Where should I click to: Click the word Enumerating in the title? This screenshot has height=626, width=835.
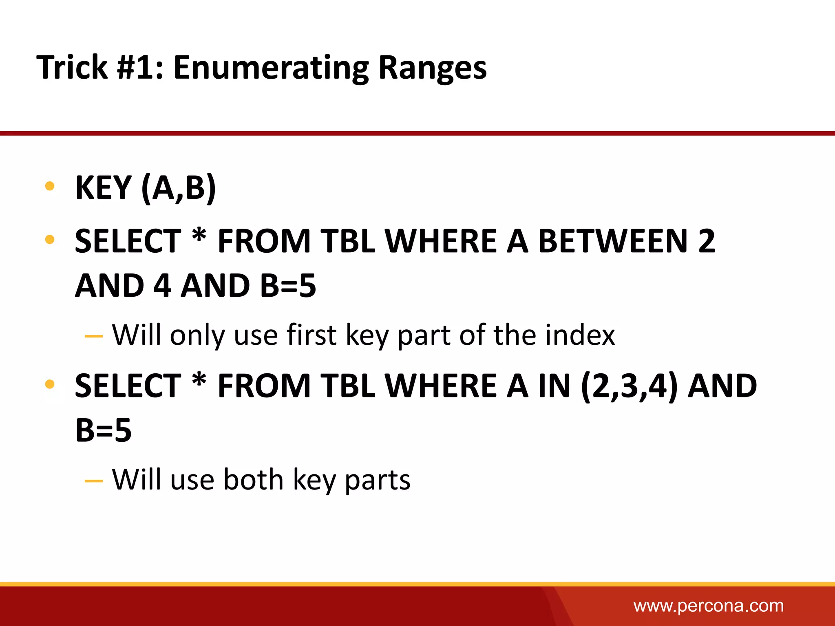click(x=271, y=67)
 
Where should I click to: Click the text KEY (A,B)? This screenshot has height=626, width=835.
click(x=146, y=188)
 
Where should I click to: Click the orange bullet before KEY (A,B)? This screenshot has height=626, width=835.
click(x=50, y=187)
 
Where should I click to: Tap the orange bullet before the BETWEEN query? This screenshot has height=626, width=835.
click(x=50, y=240)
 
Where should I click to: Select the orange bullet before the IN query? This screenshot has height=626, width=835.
click(x=50, y=384)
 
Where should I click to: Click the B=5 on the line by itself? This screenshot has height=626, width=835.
click(x=104, y=431)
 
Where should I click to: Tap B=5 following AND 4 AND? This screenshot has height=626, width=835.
click(x=288, y=286)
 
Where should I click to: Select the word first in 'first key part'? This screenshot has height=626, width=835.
click(x=311, y=335)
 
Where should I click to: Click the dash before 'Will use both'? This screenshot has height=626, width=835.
click(x=94, y=481)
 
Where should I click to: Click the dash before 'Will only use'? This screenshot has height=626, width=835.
click(x=94, y=337)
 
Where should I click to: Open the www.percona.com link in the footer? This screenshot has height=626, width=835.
click(x=708, y=606)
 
